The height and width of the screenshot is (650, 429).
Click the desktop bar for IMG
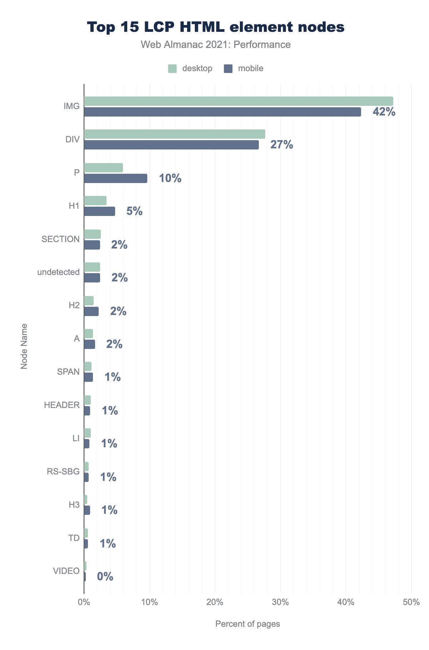238,101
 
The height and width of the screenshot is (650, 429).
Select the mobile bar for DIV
171,145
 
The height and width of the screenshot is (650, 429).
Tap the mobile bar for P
115,178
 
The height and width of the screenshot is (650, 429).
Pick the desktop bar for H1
95,201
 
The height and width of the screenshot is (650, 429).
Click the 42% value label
384,112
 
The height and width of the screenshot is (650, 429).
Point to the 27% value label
282,145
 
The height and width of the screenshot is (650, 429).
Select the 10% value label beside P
170,178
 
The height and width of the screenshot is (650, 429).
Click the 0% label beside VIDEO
105,577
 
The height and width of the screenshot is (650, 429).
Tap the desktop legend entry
190,68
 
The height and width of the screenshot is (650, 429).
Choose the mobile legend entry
244,68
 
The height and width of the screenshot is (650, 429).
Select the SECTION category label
60,239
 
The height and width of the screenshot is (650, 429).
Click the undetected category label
58,272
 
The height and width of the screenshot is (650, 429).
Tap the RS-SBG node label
63,472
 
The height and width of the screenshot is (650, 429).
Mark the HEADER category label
62,405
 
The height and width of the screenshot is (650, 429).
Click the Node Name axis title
24,346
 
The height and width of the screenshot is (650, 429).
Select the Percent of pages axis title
247,624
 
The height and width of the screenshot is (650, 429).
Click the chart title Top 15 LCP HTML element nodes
216,28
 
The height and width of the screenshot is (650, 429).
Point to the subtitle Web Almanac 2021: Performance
216,45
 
